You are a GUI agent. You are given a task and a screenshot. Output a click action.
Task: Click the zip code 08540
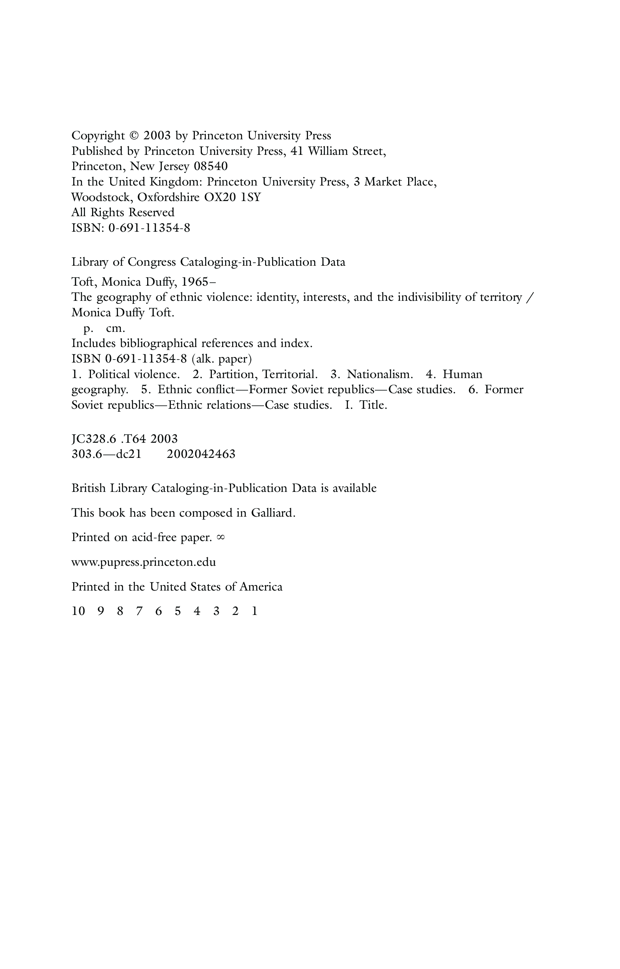pos(211,166)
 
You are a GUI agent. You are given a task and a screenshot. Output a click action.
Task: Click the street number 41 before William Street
pos(297,151)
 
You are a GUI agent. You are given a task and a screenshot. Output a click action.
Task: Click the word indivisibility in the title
pos(430,297)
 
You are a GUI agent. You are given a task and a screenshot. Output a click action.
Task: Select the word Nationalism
pos(380,374)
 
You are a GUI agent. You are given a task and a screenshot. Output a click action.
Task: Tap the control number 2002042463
pos(201,454)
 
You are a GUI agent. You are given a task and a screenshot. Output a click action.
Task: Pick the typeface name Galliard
pos(272,513)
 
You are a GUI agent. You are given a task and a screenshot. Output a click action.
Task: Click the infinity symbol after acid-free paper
pos(220,537)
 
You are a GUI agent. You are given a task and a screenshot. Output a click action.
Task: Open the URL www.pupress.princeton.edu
pos(143,562)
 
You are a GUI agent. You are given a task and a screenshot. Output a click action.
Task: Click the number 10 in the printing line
pos(78,611)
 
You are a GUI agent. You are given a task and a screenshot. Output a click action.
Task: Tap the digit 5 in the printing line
pos(177,611)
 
